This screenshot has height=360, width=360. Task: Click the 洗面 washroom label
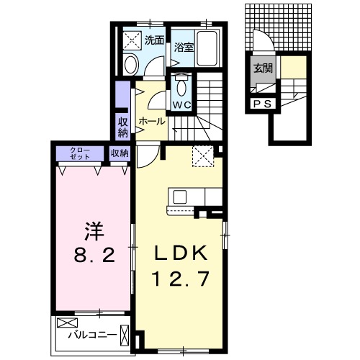(x=153, y=41)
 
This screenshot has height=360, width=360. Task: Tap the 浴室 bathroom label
(x=183, y=48)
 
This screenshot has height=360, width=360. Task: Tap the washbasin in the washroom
(x=130, y=65)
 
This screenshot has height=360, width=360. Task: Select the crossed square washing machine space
(x=131, y=40)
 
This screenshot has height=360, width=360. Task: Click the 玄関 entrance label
(x=262, y=69)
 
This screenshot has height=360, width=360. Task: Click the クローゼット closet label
(x=79, y=153)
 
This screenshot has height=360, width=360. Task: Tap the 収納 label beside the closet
(x=120, y=153)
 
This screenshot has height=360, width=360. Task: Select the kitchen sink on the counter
(x=179, y=197)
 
